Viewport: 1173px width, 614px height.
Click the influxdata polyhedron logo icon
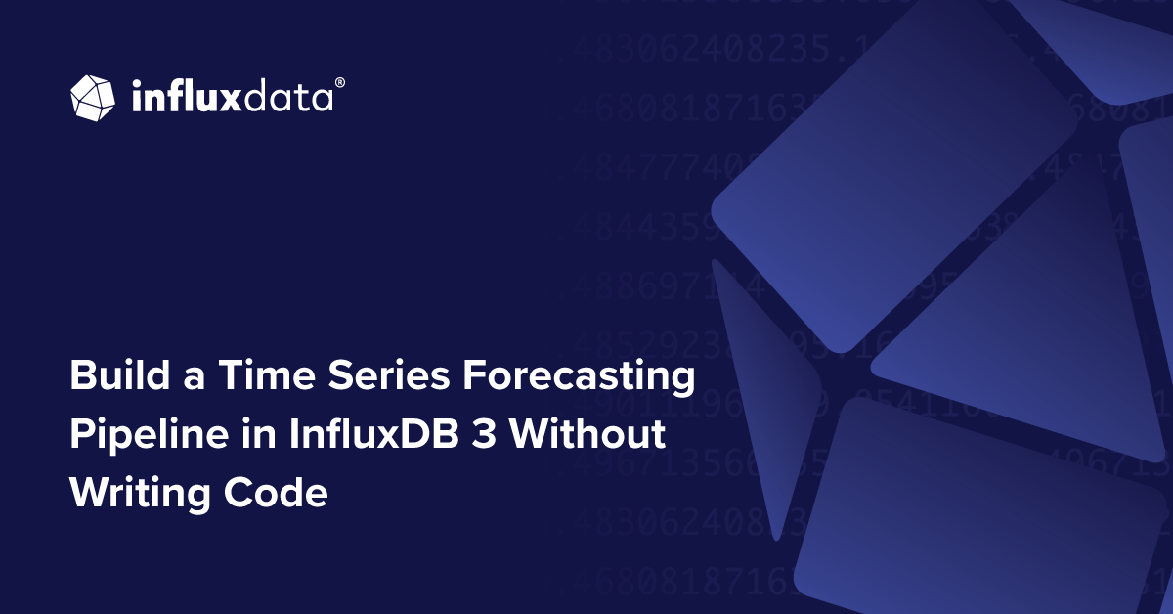point(94,98)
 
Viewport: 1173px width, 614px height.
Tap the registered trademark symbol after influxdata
point(339,84)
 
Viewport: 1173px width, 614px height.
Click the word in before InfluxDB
point(249,434)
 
